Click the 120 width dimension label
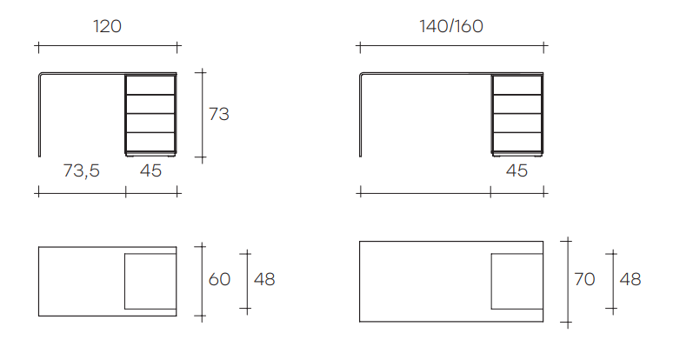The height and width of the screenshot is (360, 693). pos(108,27)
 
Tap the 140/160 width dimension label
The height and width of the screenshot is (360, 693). pos(451,27)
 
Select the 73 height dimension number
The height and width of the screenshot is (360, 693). pos(219,114)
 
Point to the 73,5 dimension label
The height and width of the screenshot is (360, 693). pos(82,170)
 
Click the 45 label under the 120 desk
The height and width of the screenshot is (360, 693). pos(150,170)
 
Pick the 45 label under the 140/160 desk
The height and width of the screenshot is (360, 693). pos(516,170)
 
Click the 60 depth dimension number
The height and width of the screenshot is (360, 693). pos(219,279)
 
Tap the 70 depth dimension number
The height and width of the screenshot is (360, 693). pos(584,279)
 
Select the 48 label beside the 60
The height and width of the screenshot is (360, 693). pos(264,279)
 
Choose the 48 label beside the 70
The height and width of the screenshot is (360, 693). pos(630,279)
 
